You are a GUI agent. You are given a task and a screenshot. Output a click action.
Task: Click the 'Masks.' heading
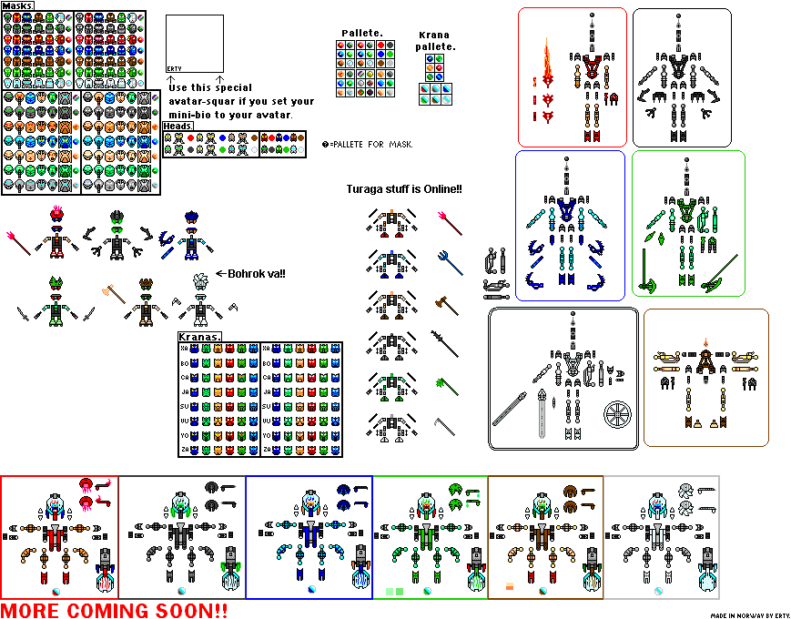[x=19, y=6]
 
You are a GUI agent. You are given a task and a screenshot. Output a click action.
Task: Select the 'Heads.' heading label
[x=178, y=126]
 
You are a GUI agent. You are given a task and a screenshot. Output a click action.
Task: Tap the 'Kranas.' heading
[x=201, y=337]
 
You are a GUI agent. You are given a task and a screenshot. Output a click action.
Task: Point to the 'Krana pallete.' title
[x=434, y=40]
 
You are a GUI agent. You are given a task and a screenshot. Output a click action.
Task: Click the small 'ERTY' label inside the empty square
[x=175, y=68]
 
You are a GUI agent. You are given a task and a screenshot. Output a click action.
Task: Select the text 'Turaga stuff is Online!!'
[x=404, y=188]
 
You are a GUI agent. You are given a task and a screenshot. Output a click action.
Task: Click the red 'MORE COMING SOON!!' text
[x=115, y=609]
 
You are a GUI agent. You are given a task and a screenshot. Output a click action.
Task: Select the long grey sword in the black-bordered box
[x=510, y=409]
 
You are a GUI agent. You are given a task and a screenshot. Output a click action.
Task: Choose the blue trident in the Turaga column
[x=450, y=260]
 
